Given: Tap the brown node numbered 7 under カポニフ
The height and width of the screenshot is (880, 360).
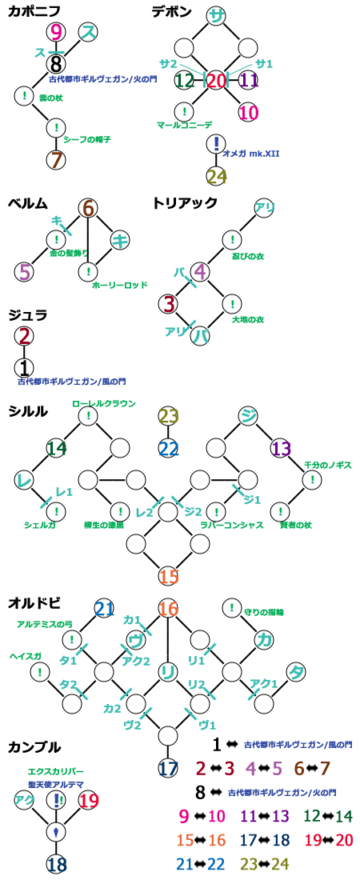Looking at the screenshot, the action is (x=56, y=160).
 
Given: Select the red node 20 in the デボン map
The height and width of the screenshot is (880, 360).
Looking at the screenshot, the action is (x=216, y=81).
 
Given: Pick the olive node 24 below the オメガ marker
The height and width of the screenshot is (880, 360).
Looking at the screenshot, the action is (x=216, y=176).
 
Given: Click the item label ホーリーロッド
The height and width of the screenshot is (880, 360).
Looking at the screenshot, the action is (x=120, y=285).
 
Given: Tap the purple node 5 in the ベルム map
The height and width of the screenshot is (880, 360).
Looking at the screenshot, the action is (x=24, y=272).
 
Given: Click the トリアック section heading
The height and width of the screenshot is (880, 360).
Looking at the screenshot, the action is (x=185, y=202).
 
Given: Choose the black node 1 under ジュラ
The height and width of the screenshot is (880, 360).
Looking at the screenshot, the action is (x=24, y=368).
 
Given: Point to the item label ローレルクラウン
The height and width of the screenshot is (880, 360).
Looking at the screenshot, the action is (x=104, y=402).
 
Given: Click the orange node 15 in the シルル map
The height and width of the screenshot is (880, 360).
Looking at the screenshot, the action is (x=169, y=576).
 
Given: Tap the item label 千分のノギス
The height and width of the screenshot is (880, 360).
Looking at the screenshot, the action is (x=328, y=466).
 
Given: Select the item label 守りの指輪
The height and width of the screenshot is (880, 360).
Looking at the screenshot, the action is (x=265, y=611).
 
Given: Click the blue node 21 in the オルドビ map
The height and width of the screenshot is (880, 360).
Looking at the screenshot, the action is (x=105, y=608).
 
